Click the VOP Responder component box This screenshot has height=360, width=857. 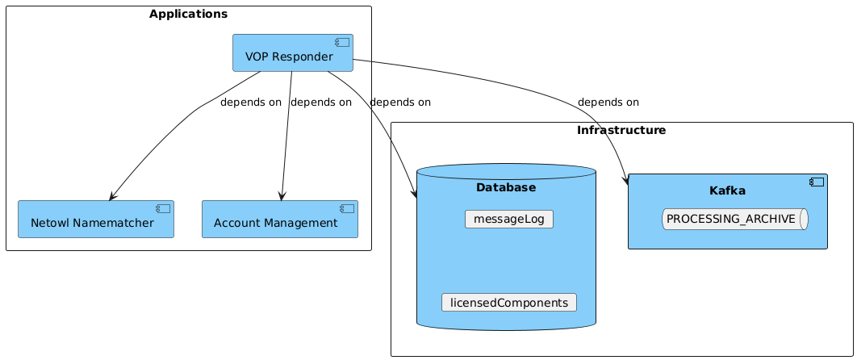pos(292,53)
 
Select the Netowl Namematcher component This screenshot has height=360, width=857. pos(96,220)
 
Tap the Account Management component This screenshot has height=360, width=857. pos(279,220)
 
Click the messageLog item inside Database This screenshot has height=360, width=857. pos(508,219)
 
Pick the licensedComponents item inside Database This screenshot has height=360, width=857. pos(508,303)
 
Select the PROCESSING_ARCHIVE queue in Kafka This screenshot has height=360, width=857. pos(734,219)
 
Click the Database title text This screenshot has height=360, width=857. pos(506,188)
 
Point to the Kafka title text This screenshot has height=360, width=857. pos(727,191)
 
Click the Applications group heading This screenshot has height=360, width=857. pos(188,14)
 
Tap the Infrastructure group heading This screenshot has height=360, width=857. pos(621,130)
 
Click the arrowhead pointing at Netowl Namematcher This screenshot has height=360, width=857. pos(112,196)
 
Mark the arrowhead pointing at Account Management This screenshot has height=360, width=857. pos(281,196)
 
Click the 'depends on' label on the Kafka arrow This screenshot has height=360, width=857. pos(608,103)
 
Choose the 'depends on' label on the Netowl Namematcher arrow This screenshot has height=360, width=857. pos(250,103)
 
